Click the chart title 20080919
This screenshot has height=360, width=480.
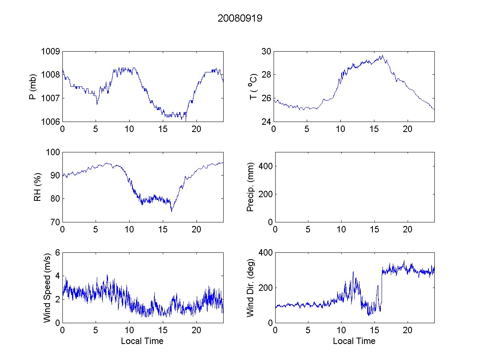[x=240, y=18]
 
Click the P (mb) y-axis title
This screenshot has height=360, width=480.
[x=34, y=86]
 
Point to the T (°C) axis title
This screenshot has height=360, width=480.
[x=253, y=86]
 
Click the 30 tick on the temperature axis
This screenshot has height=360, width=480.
[x=266, y=51]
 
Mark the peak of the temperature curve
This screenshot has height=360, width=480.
[x=382, y=56]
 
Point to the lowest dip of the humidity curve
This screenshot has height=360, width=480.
[x=171, y=211]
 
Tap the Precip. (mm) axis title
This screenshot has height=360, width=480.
[x=250, y=187]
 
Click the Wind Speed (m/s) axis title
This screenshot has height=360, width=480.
[x=48, y=287]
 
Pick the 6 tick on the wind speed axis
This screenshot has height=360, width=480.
[x=57, y=252]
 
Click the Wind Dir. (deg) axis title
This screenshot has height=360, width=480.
[x=250, y=287]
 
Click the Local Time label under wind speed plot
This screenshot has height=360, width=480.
[x=142, y=341]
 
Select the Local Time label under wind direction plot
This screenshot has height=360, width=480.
[x=354, y=341]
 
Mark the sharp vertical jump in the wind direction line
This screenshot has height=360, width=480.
[x=382, y=288]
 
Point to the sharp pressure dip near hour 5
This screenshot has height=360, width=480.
[x=97, y=104]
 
